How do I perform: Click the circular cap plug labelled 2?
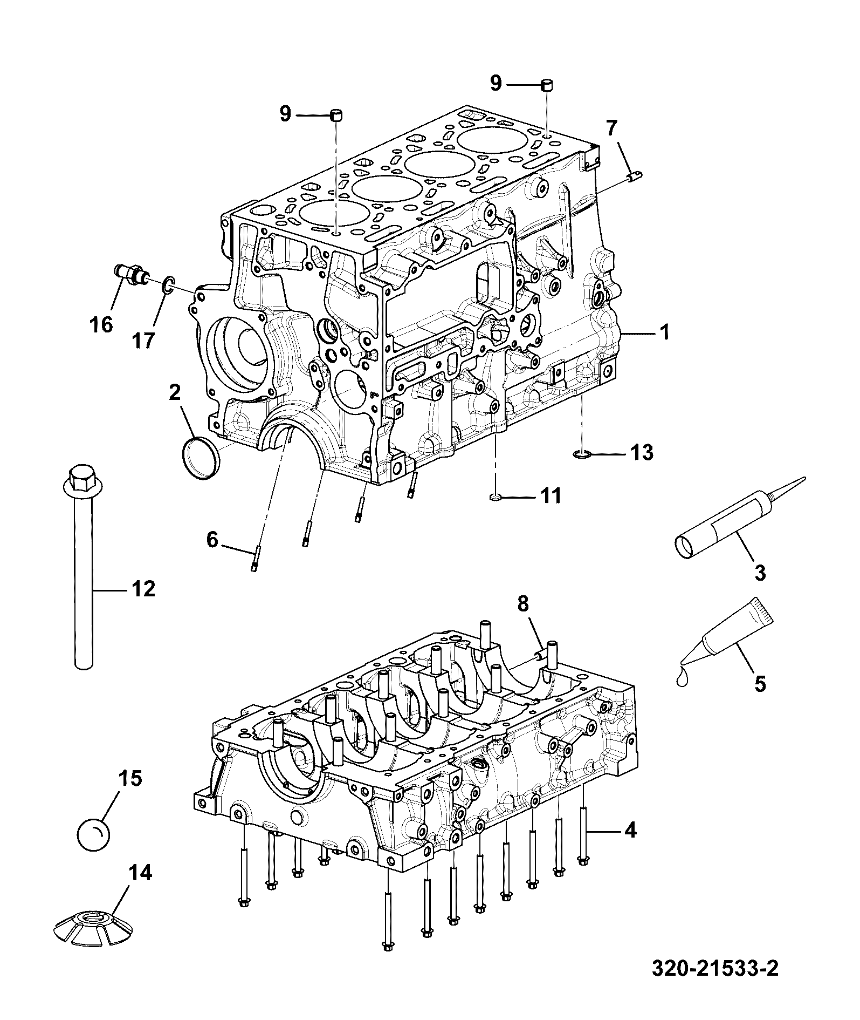point(199,458)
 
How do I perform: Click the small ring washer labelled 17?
point(168,284)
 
